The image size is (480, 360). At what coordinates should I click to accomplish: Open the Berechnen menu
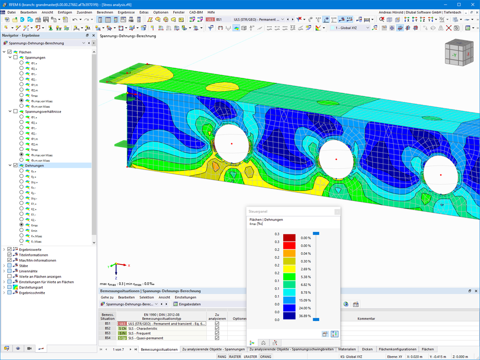[105, 12]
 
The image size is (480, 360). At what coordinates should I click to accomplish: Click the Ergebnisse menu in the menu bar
[126, 12]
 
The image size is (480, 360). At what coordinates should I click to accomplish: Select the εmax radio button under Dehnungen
[22, 225]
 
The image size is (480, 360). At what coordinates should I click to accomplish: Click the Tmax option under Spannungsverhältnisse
[22, 150]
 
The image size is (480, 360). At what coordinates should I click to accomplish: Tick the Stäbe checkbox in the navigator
[9, 266]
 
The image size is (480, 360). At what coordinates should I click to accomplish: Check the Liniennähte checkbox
[9, 271]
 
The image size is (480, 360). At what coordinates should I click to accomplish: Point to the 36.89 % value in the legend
[305, 315]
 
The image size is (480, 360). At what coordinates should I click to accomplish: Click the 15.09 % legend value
[305, 300]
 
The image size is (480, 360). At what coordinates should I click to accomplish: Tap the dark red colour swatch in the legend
[289, 238]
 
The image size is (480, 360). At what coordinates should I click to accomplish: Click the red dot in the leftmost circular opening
[232, 143]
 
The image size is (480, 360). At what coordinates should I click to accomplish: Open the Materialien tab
[347, 349]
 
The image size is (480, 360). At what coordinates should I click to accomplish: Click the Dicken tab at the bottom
[367, 349]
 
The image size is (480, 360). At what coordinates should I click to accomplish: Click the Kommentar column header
[366, 319]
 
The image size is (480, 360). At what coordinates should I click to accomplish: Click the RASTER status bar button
[235, 357]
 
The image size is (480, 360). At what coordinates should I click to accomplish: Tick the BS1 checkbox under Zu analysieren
[217, 324]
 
